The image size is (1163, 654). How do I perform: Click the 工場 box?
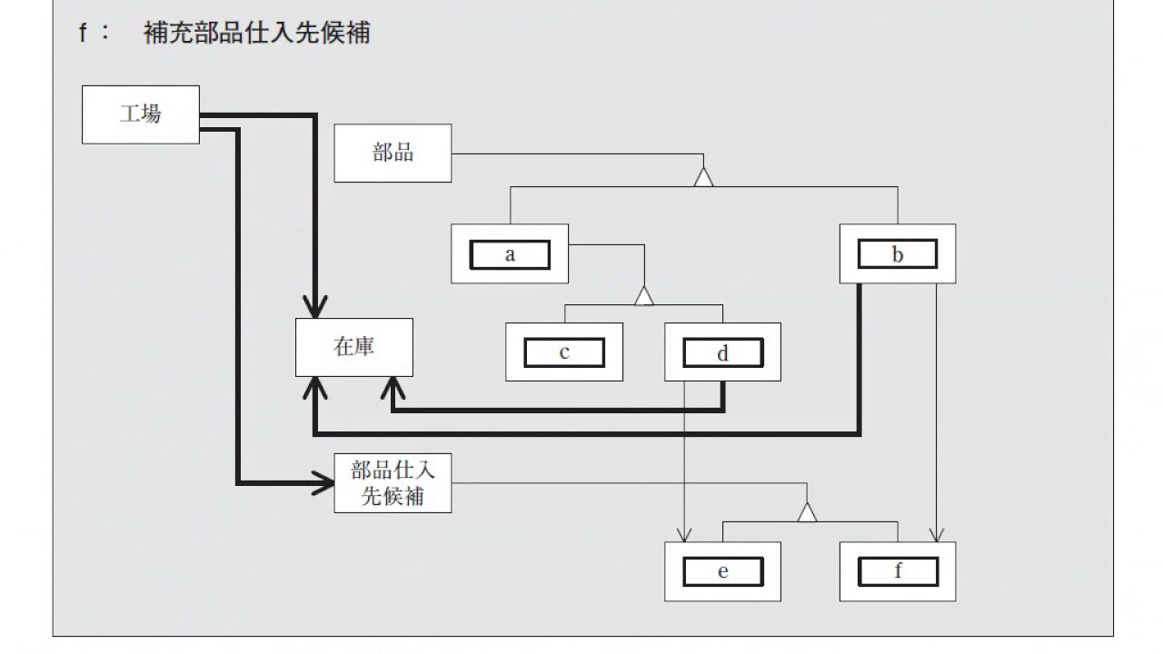(141, 114)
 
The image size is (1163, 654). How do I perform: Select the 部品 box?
(393, 154)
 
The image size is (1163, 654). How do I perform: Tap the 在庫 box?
(354, 347)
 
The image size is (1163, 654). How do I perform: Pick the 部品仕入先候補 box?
(393, 483)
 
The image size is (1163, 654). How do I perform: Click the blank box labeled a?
(510, 254)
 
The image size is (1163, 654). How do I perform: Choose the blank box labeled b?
(898, 253)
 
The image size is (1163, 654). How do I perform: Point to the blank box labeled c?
(564, 352)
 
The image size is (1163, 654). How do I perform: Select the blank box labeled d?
(722, 352)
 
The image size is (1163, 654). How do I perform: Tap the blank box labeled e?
(722, 571)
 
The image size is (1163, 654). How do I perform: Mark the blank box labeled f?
(898, 571)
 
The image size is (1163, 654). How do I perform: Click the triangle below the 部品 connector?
(703, 177)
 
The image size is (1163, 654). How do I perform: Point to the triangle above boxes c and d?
(644, 296)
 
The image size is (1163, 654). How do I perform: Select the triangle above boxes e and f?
(807, 512)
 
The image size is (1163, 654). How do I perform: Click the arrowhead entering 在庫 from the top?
(315, 307)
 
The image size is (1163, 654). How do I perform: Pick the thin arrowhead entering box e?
(684, 535)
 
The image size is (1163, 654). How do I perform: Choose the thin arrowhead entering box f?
(937, 535)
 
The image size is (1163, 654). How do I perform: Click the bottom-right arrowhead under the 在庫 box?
(393, 388)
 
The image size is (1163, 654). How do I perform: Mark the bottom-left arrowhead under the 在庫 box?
(315, 388)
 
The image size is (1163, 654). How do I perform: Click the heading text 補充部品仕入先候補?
(256, 33)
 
